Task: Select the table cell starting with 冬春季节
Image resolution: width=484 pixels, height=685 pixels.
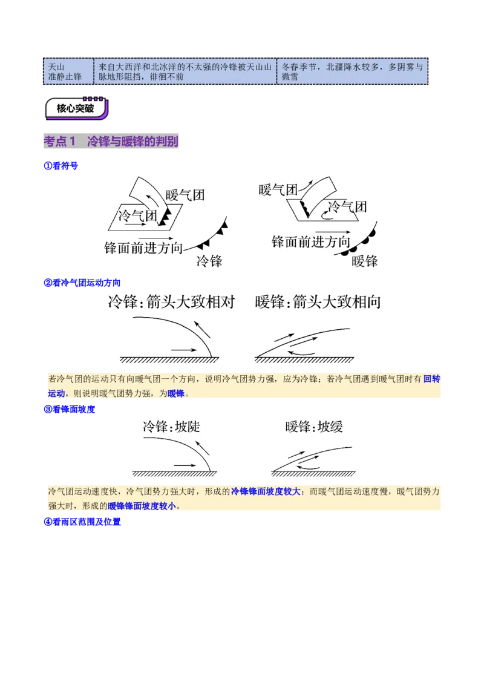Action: point(352,71)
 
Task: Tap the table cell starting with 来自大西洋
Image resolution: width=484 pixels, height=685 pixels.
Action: point(185,71)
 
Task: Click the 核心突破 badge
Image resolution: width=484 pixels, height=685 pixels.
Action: point(77,109)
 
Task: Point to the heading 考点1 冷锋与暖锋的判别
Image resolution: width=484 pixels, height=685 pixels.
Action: point(111,142)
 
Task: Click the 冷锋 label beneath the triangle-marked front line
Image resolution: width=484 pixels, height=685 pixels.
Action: point(210,261)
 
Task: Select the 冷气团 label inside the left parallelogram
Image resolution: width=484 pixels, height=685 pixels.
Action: point(138,216)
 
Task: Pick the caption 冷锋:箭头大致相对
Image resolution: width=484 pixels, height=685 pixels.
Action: point(171,302)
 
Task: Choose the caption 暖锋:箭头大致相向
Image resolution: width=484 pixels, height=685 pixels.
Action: point(318,302)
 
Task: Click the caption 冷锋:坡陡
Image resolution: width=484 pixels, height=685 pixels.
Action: point(171,427)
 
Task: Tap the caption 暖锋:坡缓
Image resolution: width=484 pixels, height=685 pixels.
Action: point(314,427)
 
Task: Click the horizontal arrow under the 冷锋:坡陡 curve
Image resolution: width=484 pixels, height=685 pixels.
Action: point(186,465)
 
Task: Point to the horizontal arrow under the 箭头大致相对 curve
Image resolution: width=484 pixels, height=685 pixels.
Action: point(185,349)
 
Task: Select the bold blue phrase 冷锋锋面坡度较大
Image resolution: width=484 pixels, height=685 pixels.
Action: point(266,491)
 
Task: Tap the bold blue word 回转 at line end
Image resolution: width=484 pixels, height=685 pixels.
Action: point(431,379)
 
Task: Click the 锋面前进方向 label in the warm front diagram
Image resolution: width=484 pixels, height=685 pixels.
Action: point(310,242)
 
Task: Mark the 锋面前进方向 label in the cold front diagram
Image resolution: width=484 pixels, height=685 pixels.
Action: point(143,247)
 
